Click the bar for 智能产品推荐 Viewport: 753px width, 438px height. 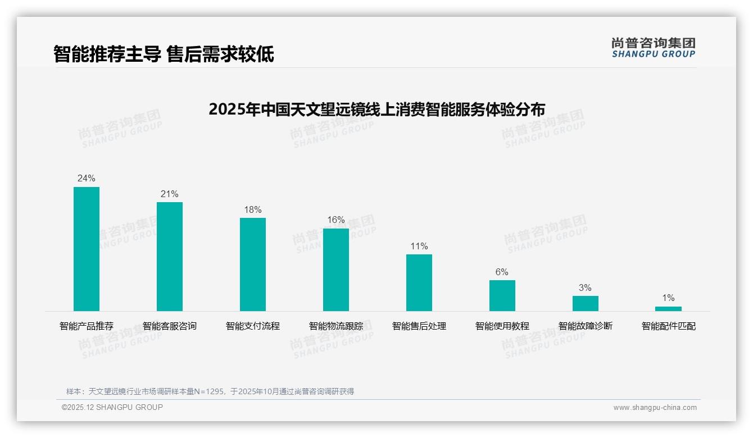click(x=87, y=249)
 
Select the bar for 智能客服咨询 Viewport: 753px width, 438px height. click(x=170, y=257)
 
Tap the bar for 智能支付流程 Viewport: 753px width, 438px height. click(x=253, y=264)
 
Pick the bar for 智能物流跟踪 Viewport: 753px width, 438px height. click(x=336, y=270)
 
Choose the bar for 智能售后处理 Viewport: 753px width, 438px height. click(x=419, y=282)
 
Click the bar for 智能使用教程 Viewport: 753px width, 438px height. click(x=502, y=295)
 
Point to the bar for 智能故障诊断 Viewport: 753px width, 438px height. click(x=586, y=303)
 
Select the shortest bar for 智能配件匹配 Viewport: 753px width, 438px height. click(x=668, y=308)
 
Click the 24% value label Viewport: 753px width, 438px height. click(x=87, y=179)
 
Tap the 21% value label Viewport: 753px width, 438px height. click(x=170, y=194)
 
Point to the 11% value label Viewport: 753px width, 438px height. click(x=419, y=247)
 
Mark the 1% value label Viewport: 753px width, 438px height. click(x=668, y=298)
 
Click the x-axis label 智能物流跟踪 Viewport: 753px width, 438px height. click(x=336, y=326)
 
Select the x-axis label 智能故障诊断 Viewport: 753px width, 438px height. click(x=586, y=326)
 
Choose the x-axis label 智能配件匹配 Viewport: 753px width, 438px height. click(x=668, y=326)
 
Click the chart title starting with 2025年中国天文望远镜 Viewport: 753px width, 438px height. click(x=376, y=109)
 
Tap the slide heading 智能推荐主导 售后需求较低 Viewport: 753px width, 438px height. click(x=164, y=54)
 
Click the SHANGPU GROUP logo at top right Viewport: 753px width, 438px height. click(x=653, y=48)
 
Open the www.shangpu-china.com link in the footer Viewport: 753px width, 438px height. click(x=655, y=408)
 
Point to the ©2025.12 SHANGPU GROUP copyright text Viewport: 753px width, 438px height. click(x=112, y=408)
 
